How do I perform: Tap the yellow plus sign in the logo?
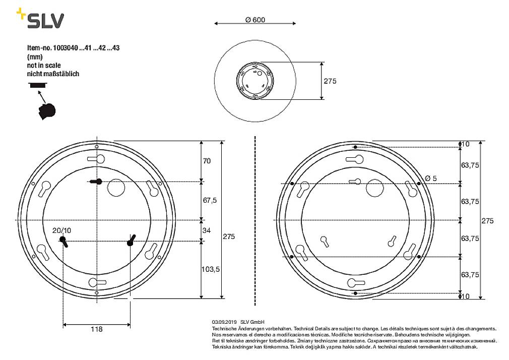coord(21,13)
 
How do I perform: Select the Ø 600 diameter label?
coord(255,20)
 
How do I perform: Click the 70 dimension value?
coord(207,161)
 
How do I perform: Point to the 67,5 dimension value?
coord(209,200)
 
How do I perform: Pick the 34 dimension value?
coord(207,231)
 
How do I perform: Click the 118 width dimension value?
coord(96,329)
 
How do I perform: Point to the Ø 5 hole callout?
coord(431,178)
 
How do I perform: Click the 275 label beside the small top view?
coord(330,81)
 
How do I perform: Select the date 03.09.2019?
coord(224,322)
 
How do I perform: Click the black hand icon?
coord(46,110)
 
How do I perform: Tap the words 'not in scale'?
coord(44,66)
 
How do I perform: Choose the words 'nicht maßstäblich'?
coord(53,74)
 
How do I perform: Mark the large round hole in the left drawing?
coord(115,187)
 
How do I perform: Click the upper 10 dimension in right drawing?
coord(466,144)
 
